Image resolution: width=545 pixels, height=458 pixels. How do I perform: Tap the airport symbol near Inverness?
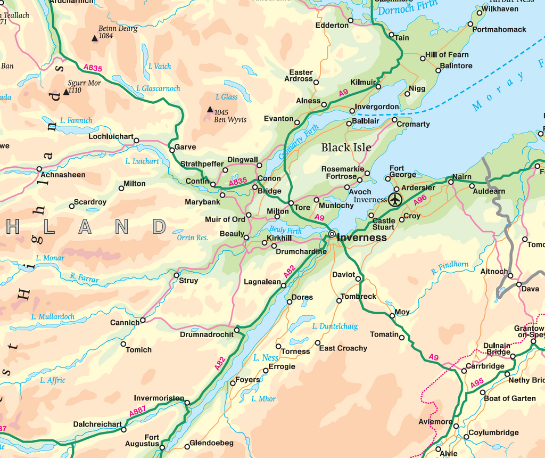click(x=394, y=200)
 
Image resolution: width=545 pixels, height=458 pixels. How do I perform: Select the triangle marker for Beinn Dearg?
click(x=95, y=38)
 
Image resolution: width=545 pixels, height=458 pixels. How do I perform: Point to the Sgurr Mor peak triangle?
click(x=66, y=92)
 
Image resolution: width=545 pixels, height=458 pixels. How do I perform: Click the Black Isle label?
click(x=346, y=148)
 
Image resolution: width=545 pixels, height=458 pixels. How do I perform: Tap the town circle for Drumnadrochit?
click(x=237, y=330)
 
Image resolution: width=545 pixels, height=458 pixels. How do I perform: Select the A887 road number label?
click(x=137, y=412)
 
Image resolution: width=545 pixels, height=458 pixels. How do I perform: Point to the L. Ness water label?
click(x=266, y=358)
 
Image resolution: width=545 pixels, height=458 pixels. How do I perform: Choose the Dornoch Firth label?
click(x=408, y=7)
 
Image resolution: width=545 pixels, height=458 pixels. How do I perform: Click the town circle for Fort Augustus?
click(x=162, y=447)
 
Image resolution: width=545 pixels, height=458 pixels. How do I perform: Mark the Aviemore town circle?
click(x=456, y=426)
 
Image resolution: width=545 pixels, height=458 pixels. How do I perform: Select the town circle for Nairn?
click(x=451, y=182)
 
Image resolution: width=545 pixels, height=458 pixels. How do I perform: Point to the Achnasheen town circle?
click(x=39, y=169)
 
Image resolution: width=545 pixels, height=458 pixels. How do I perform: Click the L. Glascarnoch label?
click(x=158, y=88)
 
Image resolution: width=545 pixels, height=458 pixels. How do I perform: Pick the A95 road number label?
click(x=477, y=382)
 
